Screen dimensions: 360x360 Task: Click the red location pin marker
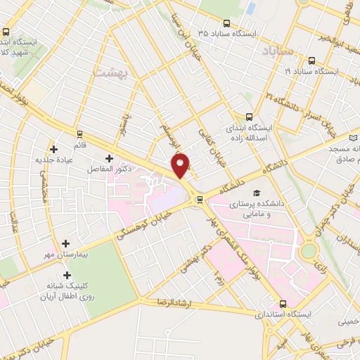point(181,165)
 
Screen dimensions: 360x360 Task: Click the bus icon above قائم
point(79,134)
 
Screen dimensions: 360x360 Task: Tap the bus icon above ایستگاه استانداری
point(283,304)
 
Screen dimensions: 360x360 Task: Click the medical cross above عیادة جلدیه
point(53,149)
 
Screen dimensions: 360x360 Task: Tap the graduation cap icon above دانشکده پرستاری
point(257,193)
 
